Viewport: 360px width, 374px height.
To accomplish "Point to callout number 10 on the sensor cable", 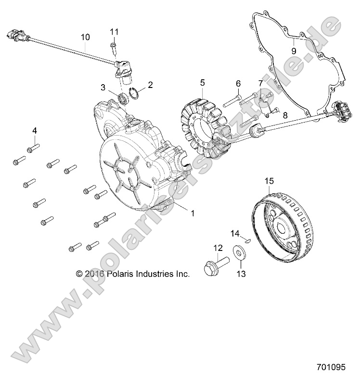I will [x=85, y=36].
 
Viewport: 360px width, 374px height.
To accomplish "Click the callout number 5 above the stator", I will [x=203, y=83].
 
